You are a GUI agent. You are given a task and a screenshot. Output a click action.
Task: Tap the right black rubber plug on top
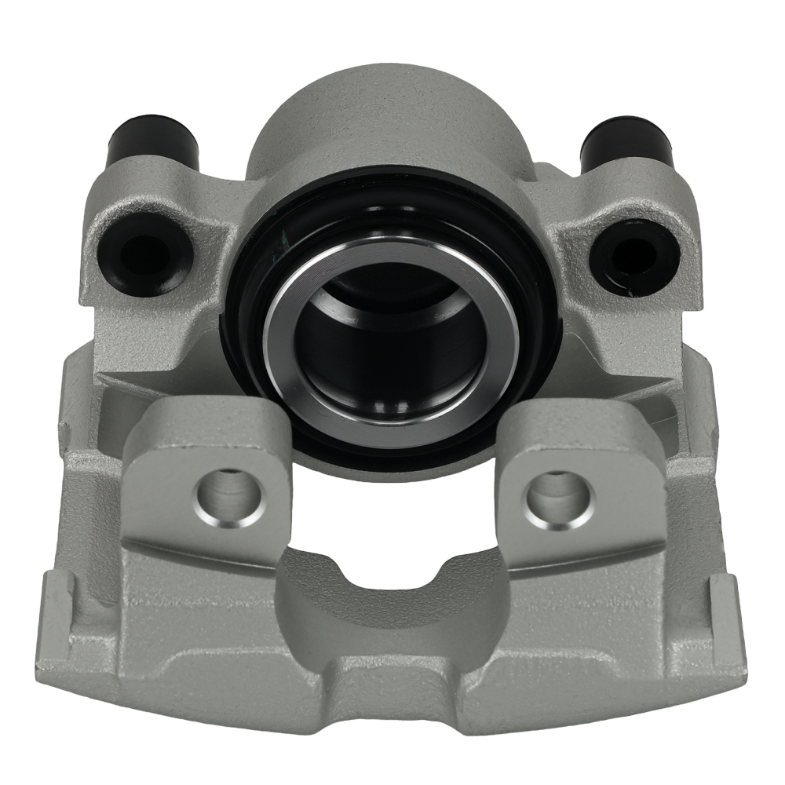[x=626, y=141]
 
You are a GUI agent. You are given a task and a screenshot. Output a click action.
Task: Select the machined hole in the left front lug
[x=227, y=495]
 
